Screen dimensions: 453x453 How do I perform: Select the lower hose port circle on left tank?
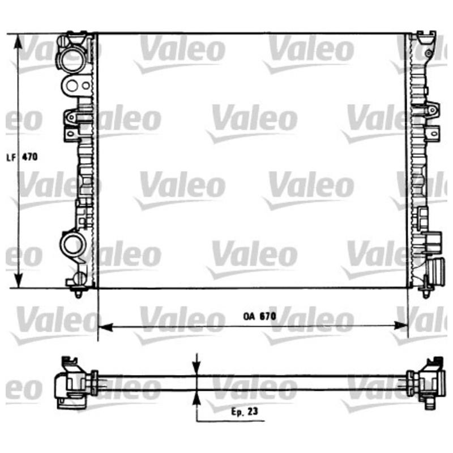click(x=72, y=244)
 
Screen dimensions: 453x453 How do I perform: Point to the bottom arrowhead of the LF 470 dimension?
click(x=19, y=281)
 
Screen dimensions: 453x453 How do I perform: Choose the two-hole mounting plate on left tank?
click(x=74, y=86)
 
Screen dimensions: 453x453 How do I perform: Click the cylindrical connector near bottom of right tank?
click(x=437, y=266)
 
